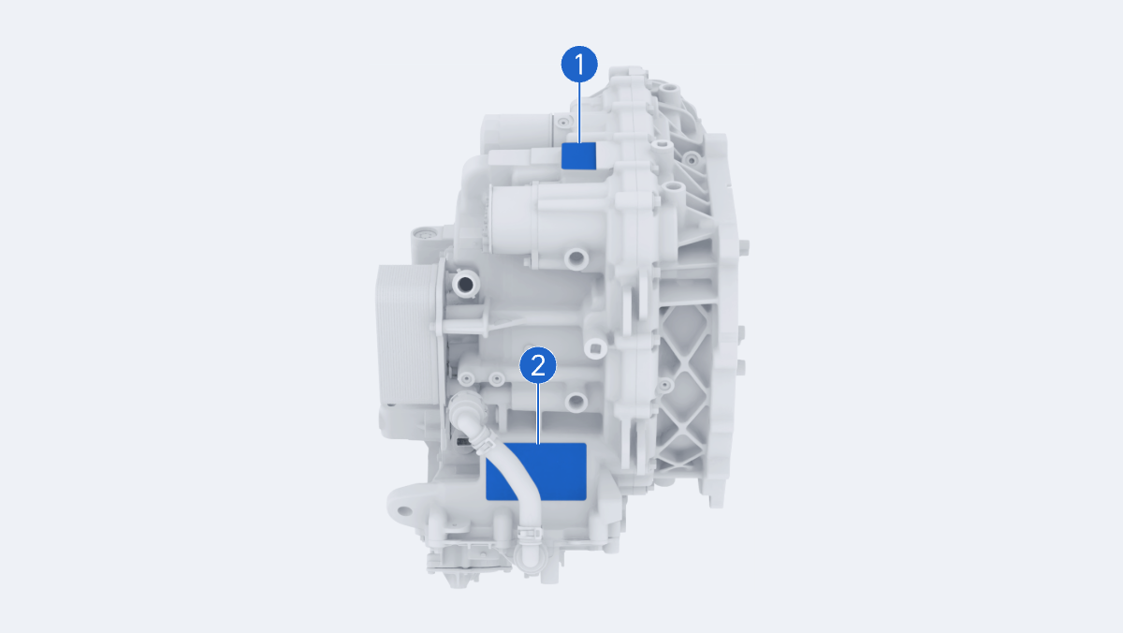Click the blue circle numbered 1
point(579,65)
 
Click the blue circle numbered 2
point(538,365)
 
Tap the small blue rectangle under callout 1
point(578,155)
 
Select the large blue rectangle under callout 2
point(536,472)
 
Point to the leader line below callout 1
point(579,112)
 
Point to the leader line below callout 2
point(538,414)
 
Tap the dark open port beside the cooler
point(466,285)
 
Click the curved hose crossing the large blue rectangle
point(506,472)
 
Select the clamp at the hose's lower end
point(528,536)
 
